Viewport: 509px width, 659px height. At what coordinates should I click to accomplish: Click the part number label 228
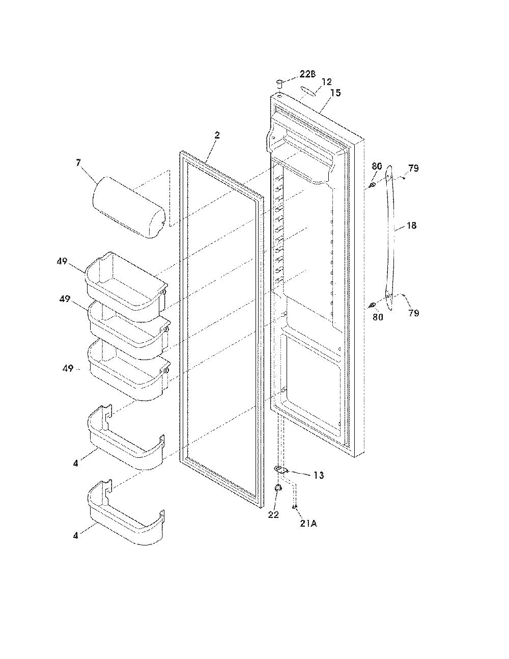point(307,74)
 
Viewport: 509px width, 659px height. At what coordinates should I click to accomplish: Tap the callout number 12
point(326,81)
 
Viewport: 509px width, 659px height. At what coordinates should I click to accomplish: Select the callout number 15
point(335,93)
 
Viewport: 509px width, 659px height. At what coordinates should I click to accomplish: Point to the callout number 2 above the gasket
point(217,135)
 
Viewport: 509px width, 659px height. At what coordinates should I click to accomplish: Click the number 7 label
point(78,163)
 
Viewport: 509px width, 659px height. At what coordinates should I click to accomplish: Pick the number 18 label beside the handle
point(411,225)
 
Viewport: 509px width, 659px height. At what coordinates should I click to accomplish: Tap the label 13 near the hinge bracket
point(319,475)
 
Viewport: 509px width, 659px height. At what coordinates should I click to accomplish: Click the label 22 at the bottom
point(273,514)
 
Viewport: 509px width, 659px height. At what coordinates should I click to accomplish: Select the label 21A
point(308,524)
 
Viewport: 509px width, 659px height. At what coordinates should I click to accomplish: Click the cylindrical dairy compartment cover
point(128,207)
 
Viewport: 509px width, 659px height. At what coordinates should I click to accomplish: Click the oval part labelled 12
point(308,91)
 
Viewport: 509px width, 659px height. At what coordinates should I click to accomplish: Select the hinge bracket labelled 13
point(280,470)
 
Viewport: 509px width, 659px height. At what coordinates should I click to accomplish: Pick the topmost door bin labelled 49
point(127,287)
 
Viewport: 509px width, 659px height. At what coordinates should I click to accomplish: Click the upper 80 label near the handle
point(377,166)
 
